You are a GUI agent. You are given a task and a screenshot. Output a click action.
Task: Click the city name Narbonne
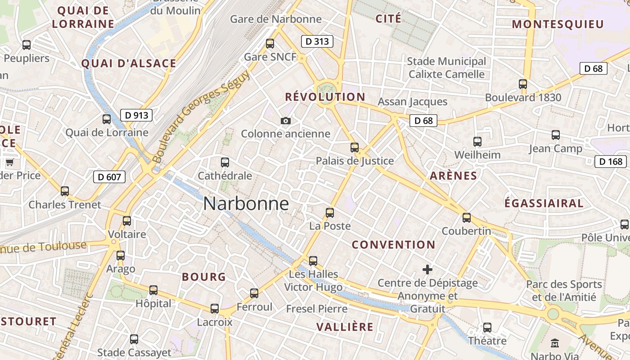(246, 204)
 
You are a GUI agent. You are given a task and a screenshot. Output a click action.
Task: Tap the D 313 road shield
(317, 41)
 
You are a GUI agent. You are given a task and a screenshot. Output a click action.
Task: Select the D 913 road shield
(136, 115)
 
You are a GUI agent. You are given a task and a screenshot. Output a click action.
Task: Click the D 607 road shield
(109, 177)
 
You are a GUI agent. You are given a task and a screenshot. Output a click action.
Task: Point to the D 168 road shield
(611, 162)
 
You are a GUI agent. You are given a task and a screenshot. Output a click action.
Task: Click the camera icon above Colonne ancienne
(285, 121)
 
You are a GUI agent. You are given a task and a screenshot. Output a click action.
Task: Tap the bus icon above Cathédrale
(225, 162)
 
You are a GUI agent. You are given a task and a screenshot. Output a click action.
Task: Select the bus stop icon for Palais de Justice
(355, 147)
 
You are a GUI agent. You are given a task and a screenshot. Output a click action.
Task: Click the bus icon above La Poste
(330, 212)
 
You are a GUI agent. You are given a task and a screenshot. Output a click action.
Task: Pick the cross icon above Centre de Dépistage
(427, 270)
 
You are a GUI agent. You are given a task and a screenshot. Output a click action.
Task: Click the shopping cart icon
(9, 162)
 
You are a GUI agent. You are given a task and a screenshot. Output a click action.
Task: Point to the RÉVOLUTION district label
(325, 97)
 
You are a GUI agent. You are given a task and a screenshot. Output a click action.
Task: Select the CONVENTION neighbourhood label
(393, 245)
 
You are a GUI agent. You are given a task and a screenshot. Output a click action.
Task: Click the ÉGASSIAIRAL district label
(544, 203)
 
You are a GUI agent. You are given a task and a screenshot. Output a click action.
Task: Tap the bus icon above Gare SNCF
(270, 44)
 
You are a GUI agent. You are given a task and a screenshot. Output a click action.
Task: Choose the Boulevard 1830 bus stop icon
(523, 84)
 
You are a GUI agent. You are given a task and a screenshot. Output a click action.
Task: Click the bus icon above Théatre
(487, 327)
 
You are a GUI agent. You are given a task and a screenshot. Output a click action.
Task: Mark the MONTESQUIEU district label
(558, 24)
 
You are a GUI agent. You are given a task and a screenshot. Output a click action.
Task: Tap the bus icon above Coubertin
(467, 218)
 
